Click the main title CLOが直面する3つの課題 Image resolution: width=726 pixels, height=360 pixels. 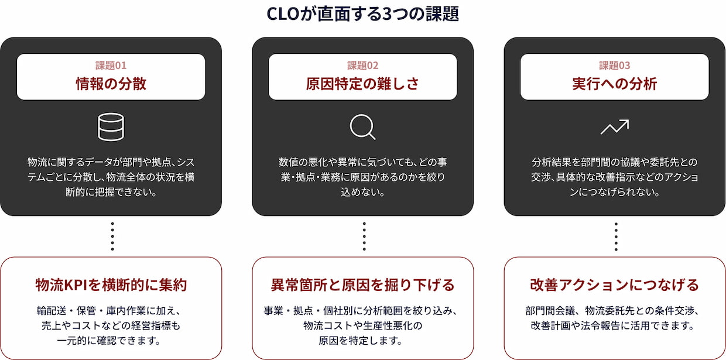362,14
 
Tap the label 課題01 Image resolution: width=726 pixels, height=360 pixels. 111,66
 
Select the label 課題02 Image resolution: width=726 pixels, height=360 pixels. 362,66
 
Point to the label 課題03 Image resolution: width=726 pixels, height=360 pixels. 615,66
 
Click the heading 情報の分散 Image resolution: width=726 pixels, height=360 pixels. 111,84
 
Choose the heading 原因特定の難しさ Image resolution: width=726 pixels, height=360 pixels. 362,84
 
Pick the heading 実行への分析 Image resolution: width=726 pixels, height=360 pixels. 615,84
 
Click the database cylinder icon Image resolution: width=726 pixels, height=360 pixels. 111,127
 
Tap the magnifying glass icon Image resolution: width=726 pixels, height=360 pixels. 362,127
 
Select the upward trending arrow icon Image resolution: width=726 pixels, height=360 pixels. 615,127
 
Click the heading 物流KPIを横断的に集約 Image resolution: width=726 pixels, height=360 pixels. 111,285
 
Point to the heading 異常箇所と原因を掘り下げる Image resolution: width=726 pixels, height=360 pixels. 362,285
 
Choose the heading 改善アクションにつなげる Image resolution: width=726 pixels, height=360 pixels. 615,285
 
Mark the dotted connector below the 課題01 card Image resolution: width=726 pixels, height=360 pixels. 112,236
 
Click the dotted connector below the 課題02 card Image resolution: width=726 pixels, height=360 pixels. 364,236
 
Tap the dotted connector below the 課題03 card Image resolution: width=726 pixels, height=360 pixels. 616,236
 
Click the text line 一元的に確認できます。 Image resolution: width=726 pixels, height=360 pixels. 109,341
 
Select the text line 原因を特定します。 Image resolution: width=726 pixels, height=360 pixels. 361,341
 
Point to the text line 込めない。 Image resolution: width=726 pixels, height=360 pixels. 362,192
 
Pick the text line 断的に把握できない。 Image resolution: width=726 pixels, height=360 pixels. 111,192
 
